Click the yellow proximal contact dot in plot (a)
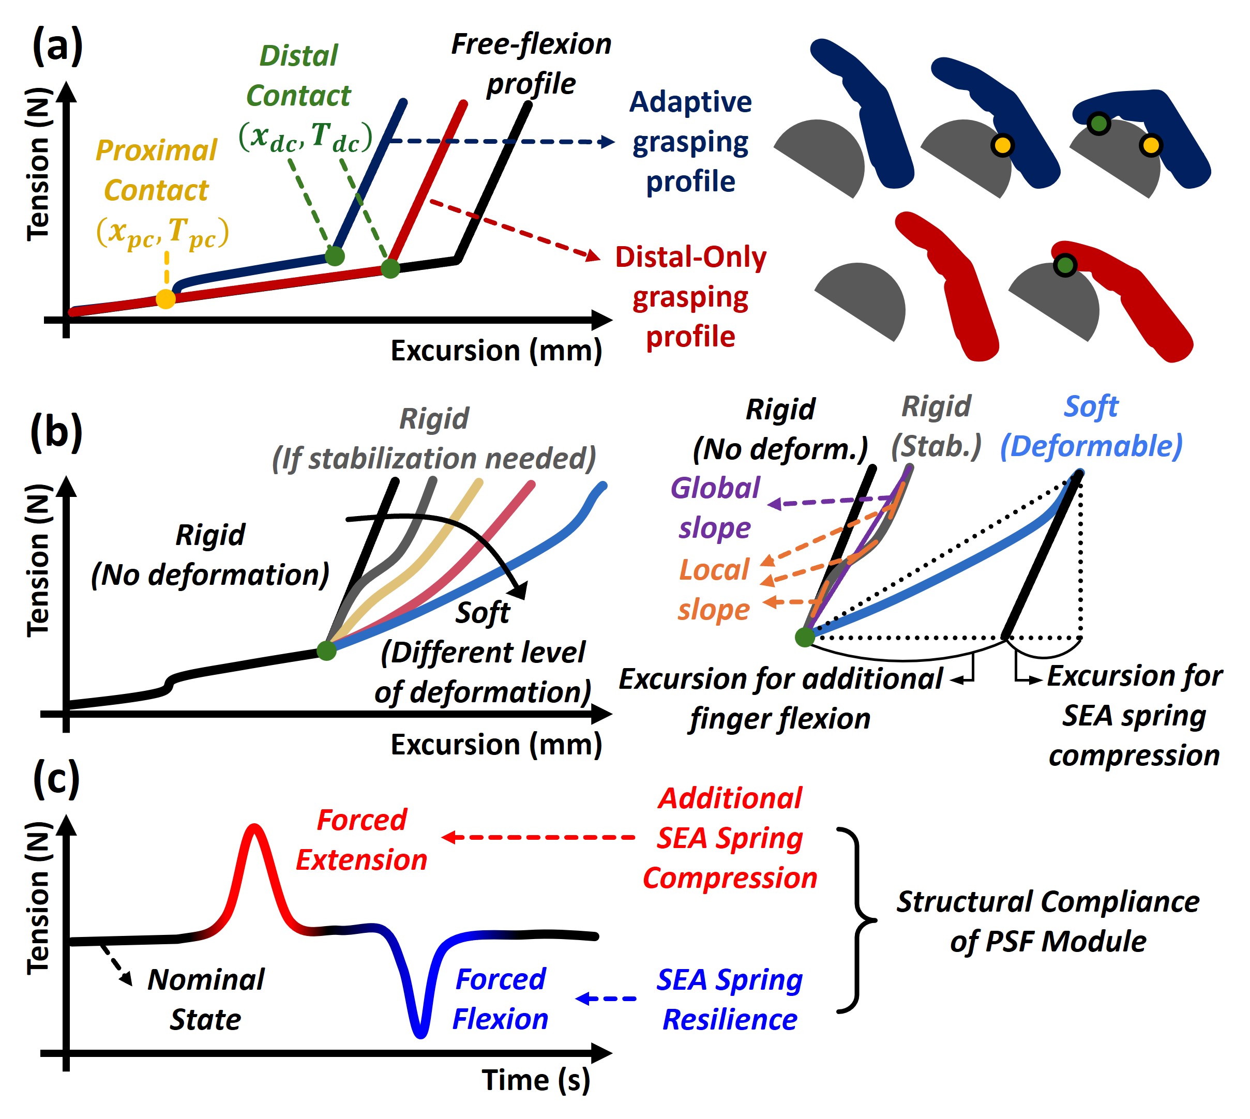click(x=165, y=299)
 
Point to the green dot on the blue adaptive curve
click(x=335, y=255)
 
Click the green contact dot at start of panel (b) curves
click(x=326, y=650)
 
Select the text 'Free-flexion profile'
click(x=531, y=64)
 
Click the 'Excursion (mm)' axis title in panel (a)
click(x=496, y=351)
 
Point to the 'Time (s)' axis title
click(x=536, y=1080)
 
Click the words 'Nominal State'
click(x=206, y=999)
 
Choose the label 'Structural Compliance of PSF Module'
click(x=1048, y=921)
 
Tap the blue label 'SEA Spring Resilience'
click(x=729, y=999)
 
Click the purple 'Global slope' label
click(x=715, y=507)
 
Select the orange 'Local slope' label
click(x=714, y=589)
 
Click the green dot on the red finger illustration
click(x=1065, y=265)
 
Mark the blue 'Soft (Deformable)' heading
click(x=1091, y=426)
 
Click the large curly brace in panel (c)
click(x=857, y=920)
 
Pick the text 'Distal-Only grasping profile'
click(x=690, y=296)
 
